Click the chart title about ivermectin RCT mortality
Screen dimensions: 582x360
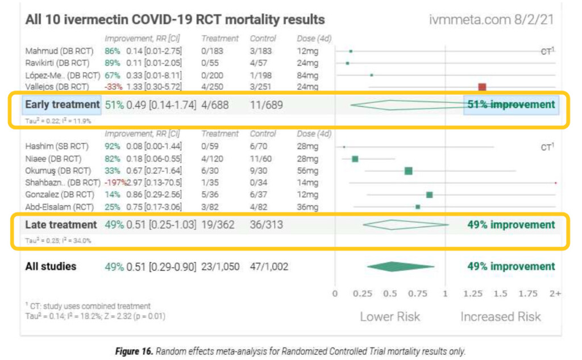[175, 20]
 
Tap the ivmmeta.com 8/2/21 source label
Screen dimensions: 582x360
[491, 20]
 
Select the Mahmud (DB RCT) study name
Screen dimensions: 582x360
[59, 51]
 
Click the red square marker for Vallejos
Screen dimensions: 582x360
[482, 87]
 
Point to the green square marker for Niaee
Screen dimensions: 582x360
[355, 159]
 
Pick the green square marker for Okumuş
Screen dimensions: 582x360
[408, 171]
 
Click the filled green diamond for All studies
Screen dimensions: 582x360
[401, 266]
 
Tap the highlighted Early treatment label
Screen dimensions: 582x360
[61, 105]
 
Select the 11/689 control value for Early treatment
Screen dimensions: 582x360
[266, 105]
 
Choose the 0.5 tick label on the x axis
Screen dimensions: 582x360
[390, 293]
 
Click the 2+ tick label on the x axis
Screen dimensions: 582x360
[555, 293]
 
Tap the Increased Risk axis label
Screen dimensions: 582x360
[500, 317]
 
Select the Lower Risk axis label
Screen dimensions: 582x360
[390, 317]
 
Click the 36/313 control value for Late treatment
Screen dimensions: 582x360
[266, 225]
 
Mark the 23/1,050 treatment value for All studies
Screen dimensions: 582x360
[221, 267]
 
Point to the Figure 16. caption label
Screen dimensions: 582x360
[134, 351]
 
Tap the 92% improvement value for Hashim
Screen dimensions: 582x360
[113, 146]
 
